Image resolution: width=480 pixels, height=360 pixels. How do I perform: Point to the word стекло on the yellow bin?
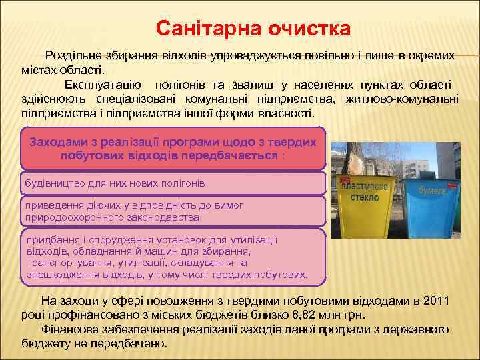[365, 197]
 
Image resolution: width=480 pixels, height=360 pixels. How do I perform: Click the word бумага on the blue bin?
[431, 189]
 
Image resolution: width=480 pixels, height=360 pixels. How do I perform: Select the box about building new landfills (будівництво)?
[173, 182]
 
